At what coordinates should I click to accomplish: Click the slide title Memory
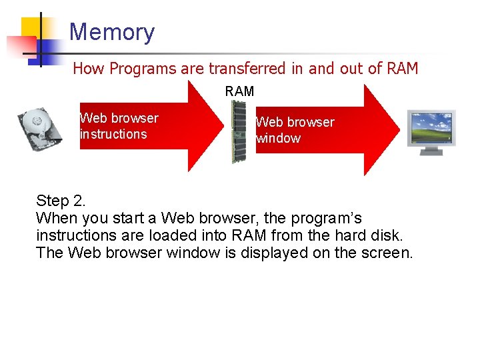[x=111, y=32]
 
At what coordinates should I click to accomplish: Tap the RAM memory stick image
[x=238, y=131]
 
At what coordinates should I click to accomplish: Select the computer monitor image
[x=431, y=131]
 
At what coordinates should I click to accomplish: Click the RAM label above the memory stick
[x=239, y=91]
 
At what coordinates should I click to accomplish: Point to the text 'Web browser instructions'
[x=119, y=126]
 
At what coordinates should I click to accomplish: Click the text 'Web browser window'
[x=295, y=130]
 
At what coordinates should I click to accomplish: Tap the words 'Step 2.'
[x=61, y=201]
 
